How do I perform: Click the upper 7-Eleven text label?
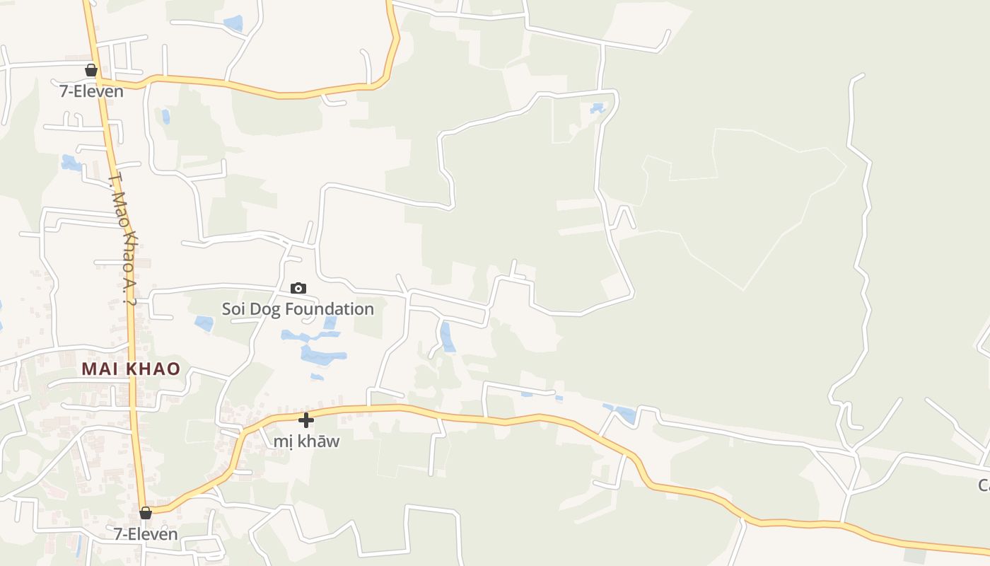point(91,91)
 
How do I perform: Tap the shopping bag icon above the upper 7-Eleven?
point(91,70)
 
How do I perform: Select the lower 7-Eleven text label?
point(146,534)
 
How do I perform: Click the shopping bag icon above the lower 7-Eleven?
point(146,513)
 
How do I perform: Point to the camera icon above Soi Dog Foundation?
point(298,288)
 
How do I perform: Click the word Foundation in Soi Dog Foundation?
point(330,309)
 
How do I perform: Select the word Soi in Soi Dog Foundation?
point(233,309)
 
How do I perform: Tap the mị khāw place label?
point(306,441)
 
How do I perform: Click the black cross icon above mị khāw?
point(306,420)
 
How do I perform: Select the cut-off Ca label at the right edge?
point(984,485)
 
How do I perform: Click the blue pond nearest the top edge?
point(233,23)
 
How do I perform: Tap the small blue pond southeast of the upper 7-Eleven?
point(165,116)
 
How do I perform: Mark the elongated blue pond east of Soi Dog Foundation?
point(447,337)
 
